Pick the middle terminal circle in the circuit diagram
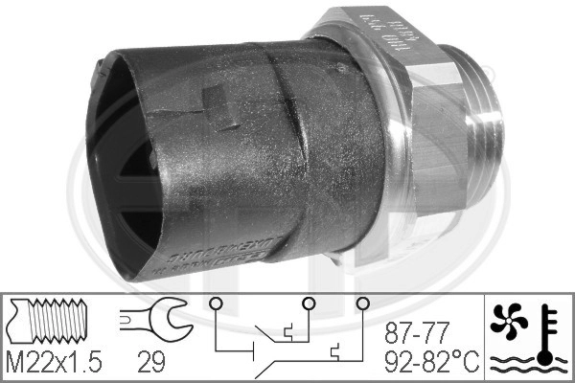(x=309, y=304)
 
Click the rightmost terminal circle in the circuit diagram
(x=362, y=304)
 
